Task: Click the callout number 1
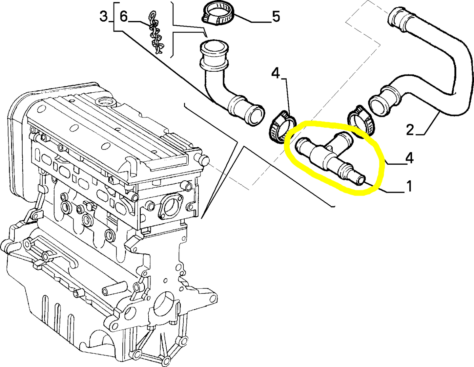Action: [x=409, y=186]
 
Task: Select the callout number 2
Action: [x=410, y=130]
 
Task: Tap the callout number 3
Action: [x=104, y=16]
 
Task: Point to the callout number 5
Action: [x=276, y=17]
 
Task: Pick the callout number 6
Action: [x=123, y=16]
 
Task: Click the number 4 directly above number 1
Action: [x=409, y=158]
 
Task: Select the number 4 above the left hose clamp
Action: [x=276, y=74]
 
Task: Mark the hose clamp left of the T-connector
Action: [x=282, y=127]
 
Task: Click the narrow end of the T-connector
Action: [x=361, y=180]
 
